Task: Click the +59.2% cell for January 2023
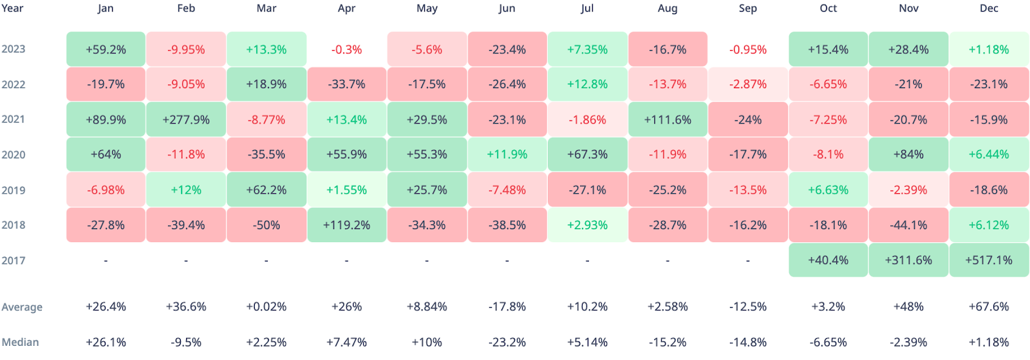point(106,49)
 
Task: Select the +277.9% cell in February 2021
point(186,120)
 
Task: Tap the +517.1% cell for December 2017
point(989,260)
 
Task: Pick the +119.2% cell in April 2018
point(347,225)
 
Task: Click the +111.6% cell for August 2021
point(668,120)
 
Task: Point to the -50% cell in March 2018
point(267,225)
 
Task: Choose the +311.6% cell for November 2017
point(908,260)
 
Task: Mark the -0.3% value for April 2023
point(347,49)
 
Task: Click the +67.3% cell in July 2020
point(587,155)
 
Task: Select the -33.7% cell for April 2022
point(347,84)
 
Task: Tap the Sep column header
point(748,8)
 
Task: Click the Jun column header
point(507,8)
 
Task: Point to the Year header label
point(12,8)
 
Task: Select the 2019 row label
point(14,190)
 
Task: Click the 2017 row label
point(14,260)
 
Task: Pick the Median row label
point(20,342)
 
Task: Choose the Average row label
point(22,307)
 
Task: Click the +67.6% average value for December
point(989,307)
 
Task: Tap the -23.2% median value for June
point(507,342)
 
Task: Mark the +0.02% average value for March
point(267,307)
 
